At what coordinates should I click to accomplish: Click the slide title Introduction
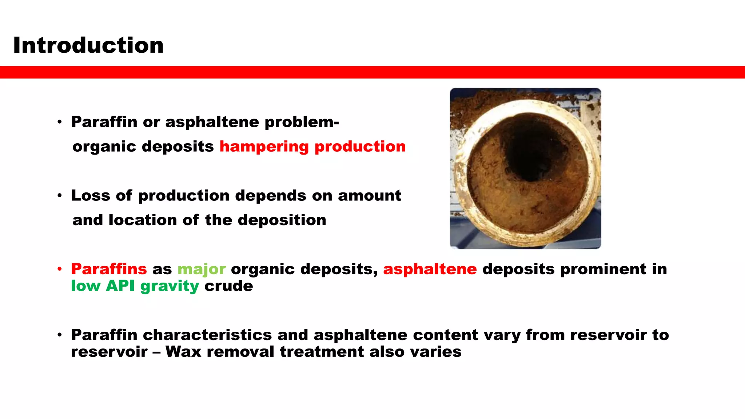88,45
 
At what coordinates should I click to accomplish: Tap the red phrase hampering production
312,147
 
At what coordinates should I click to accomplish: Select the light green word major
202,270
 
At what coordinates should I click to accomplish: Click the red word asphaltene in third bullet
430,269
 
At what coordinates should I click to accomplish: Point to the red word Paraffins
109,269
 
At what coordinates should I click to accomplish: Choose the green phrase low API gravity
135,286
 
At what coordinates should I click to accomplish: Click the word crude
228,286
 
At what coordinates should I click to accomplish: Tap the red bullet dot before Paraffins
60,269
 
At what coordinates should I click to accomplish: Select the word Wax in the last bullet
183,352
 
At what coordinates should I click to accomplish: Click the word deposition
282,220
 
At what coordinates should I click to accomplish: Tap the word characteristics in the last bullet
207,335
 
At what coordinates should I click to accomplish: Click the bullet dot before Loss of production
60,196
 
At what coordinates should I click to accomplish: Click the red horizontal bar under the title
372,72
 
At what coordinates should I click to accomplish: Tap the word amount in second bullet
369,196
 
